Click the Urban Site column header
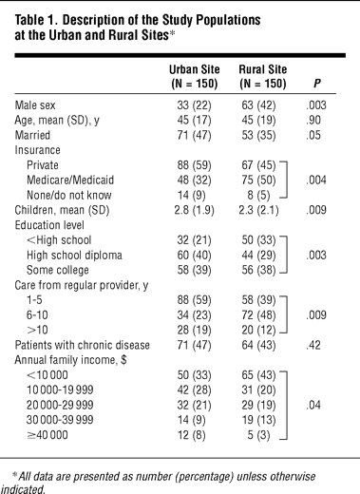(x=194, y=76)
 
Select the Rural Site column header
(x=263, y=76)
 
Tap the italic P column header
(x=316, y=84)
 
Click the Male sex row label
(x=35, y=105)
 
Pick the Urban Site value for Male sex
(x=194, y=105)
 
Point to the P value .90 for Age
(x=313, y=121)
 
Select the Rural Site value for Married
(x=258, y=135)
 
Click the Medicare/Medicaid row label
(x=70, y=180)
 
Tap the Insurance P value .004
(x=316, y=180)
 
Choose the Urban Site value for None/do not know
(x=191, y=195)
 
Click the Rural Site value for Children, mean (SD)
(x=258, y=210)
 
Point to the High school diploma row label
(x=74, y=256)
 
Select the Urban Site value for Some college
(x=194, y=270)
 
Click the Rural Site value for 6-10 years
(x=258, y=315)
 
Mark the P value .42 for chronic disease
(x=313, y=345)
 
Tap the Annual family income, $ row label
(x=70, y=360)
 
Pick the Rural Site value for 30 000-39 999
(x=258, y=420)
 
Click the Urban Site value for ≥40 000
(x=191, y=435)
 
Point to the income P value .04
(x=313, y=405)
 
